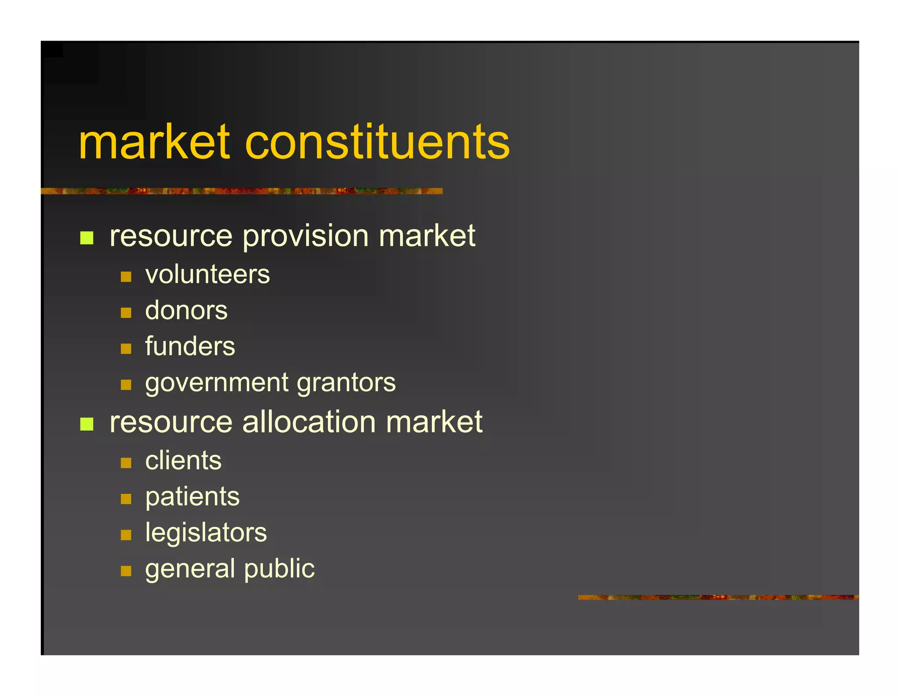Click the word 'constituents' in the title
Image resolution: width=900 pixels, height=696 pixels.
coord(377,143)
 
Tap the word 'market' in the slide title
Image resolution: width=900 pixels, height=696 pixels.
coord(154,143)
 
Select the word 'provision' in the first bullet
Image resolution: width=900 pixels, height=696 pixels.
coord(306,236)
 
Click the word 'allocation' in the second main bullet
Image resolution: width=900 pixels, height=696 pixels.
coord(309,422)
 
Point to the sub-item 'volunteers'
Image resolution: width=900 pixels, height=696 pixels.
coord(207,275)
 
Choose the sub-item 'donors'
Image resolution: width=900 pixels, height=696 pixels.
coord(186,311)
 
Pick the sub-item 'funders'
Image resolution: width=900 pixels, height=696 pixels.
coord(190,346)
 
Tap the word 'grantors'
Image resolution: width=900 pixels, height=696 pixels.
coord(346,383)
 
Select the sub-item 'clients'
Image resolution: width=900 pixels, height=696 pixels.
coord(183,461)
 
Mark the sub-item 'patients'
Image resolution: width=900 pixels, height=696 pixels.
coord(192,497)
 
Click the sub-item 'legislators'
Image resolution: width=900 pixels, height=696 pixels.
coord(206,533)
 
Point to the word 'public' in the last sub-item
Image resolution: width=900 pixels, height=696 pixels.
coord(279,569)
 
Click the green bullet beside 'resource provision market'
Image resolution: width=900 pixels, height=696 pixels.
coord(87,238)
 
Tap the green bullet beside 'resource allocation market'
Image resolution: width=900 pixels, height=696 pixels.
coord(87,424)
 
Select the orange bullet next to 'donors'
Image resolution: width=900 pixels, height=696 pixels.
coord(126,313)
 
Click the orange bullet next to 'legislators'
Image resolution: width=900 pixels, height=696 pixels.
coord(126,535)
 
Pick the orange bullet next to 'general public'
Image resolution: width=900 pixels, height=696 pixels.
coord(126,571)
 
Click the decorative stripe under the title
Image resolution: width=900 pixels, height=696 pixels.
coord(242,191)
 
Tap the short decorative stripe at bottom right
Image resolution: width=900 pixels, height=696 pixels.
coord(718,597)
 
